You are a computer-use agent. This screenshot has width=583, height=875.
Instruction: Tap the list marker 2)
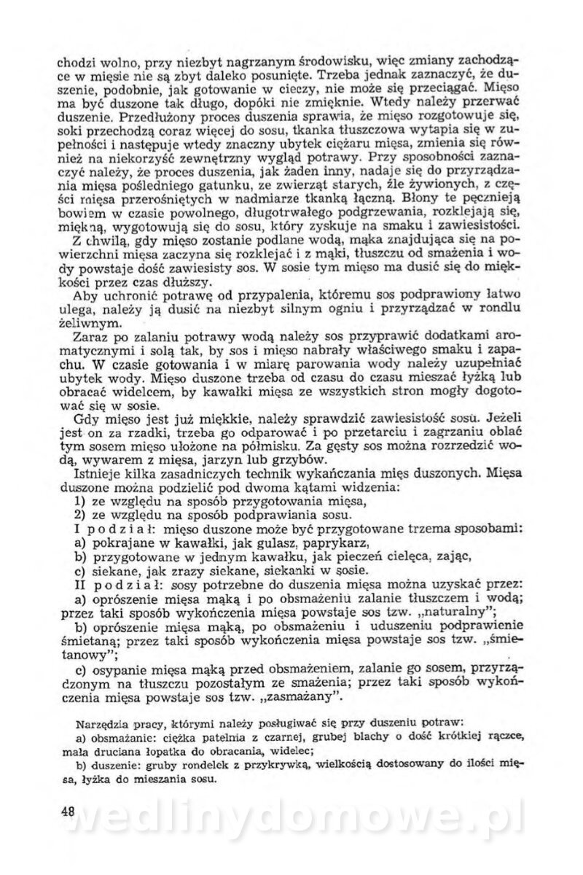click(82, 514)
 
